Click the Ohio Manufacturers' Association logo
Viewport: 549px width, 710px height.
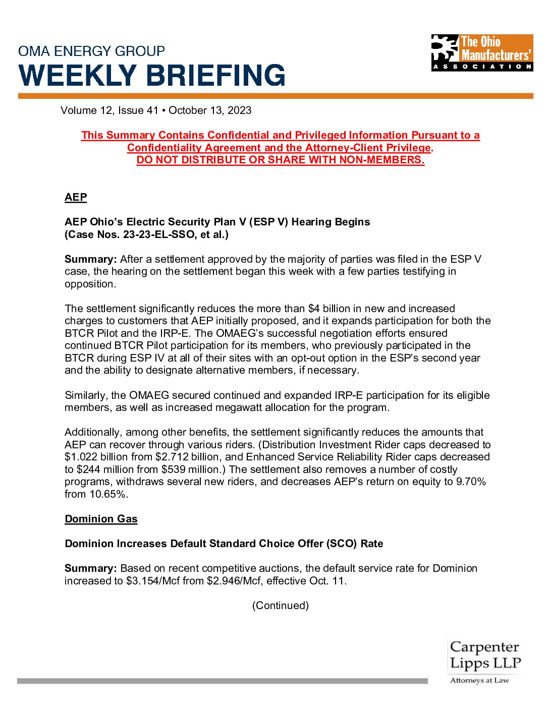482,52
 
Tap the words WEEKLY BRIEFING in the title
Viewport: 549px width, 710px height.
152,75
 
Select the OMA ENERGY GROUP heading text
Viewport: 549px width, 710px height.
91,51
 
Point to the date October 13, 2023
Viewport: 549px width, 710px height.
210,110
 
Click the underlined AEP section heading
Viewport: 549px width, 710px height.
76,197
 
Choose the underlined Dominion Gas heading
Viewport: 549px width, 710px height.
101,519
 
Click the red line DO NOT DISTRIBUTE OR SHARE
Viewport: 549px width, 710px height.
280,160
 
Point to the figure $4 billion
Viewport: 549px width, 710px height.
327,309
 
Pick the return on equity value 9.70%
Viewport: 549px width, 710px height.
471,482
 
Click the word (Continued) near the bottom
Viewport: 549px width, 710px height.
280,606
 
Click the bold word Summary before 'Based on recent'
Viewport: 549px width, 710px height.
90,568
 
